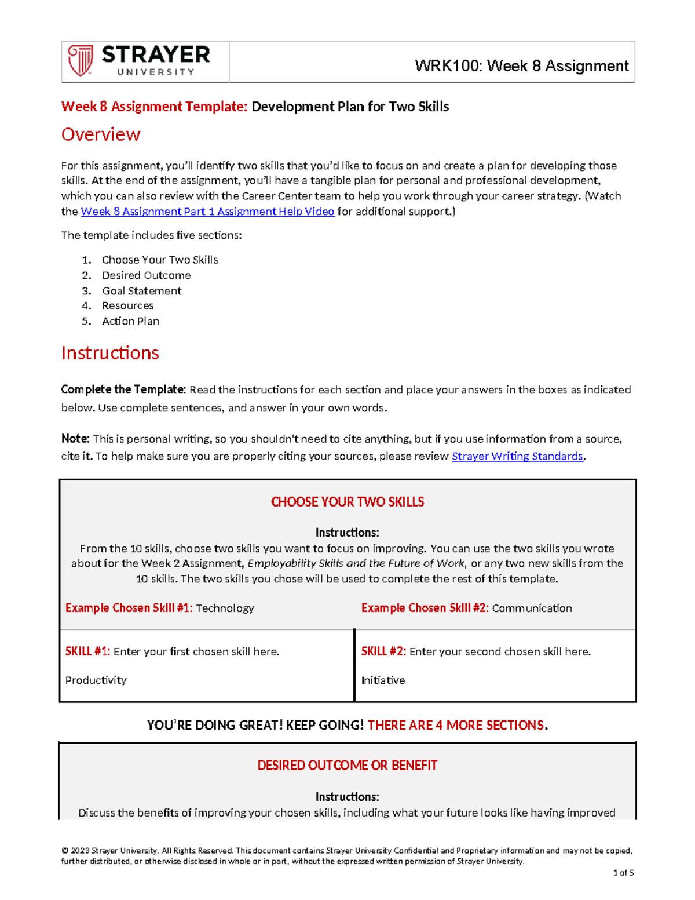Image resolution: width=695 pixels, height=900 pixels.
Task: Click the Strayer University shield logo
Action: point(80,61)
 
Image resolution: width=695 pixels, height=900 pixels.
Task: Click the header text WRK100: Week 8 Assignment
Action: point(521,66)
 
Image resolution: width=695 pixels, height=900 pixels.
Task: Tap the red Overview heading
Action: point(101,134)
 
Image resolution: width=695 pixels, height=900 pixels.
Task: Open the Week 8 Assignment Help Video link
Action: point(207,212)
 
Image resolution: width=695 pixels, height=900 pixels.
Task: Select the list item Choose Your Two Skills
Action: point(160,260)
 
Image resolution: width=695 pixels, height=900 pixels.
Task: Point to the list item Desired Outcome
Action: point(146,275)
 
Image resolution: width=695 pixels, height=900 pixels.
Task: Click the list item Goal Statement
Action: point(141,291)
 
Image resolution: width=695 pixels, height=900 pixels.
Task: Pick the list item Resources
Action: point(127,305)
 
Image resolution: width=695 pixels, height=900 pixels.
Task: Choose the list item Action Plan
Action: point(130,321)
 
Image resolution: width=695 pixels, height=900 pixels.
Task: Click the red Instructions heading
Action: point(110,353)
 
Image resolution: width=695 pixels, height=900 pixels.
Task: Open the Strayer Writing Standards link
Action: point(517,456)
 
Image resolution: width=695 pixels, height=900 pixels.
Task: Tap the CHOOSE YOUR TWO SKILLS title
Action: point(348,502)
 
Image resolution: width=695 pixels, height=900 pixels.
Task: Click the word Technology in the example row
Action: point(225,608)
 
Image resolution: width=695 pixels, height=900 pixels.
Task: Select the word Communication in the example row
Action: point(532,608)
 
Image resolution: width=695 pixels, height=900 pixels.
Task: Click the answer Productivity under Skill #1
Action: point(96,680)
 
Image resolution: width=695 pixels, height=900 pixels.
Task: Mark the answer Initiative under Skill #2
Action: point(383,680)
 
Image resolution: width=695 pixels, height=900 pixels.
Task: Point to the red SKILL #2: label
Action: point(383,651)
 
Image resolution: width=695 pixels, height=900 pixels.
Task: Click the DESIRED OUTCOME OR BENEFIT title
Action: point(348,766)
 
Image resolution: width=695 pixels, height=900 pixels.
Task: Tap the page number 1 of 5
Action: point(624,873)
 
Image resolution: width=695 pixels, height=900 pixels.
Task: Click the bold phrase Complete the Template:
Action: point(123,390)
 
